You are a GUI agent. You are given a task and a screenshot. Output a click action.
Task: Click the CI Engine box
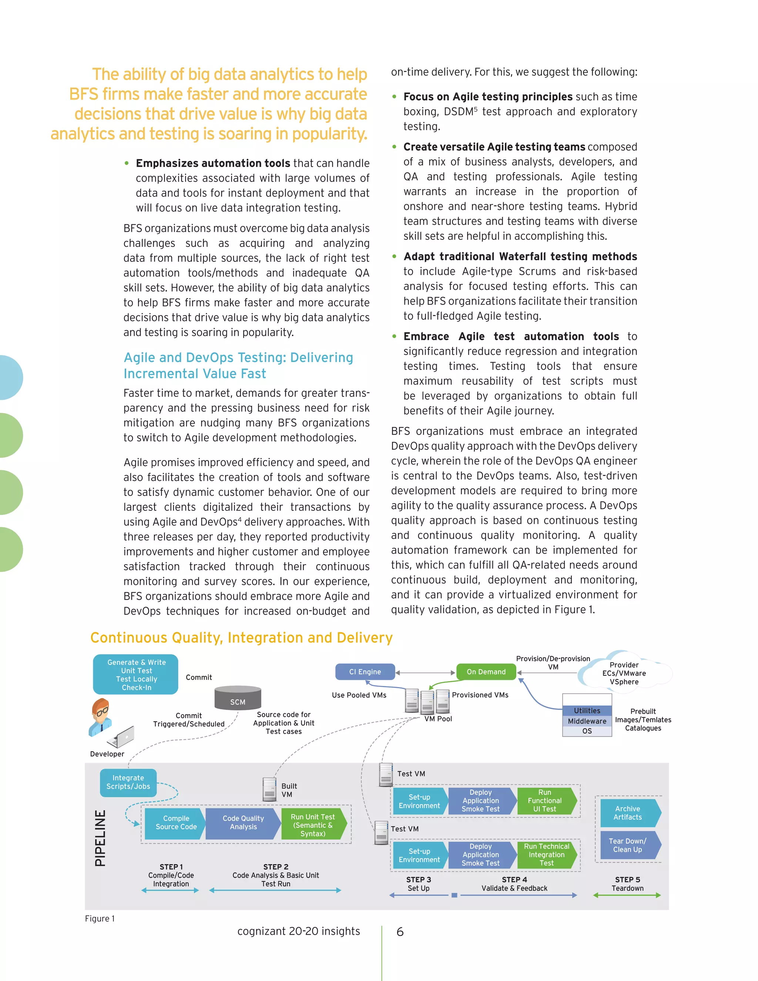[365, 672]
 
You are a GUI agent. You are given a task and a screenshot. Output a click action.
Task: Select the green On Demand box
[486, 672]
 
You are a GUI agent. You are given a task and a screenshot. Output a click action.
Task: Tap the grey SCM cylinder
[238, 698]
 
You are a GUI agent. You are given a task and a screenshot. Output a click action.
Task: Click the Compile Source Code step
[175, 823]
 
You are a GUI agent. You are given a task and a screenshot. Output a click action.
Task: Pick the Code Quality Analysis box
[243, 823]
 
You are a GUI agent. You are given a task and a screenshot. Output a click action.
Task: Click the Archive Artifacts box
[628, 813]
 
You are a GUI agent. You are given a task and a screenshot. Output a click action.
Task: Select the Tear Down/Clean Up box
[628, 845]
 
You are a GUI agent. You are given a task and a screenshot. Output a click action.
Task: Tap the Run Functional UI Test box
[545, 800]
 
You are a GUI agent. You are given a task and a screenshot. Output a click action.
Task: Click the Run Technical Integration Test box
[546, 854]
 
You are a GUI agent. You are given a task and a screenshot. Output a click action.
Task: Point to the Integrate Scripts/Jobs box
[128, 782]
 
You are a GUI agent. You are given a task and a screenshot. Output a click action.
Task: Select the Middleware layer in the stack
[587, 721]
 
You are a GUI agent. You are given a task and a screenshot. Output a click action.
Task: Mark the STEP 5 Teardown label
[627, 884]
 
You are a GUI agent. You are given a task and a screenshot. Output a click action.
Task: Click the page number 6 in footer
[400, 932]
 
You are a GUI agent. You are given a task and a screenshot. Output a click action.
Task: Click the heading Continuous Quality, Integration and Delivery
[241, 637]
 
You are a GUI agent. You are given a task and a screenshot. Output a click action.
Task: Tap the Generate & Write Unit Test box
[136, 674]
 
